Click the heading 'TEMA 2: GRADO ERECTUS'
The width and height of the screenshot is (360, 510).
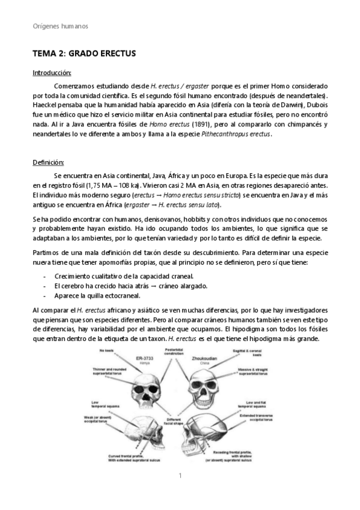[84, 54]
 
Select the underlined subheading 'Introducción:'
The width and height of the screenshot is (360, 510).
[52, 73]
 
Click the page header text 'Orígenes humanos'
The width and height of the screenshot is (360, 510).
[60, 26]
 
